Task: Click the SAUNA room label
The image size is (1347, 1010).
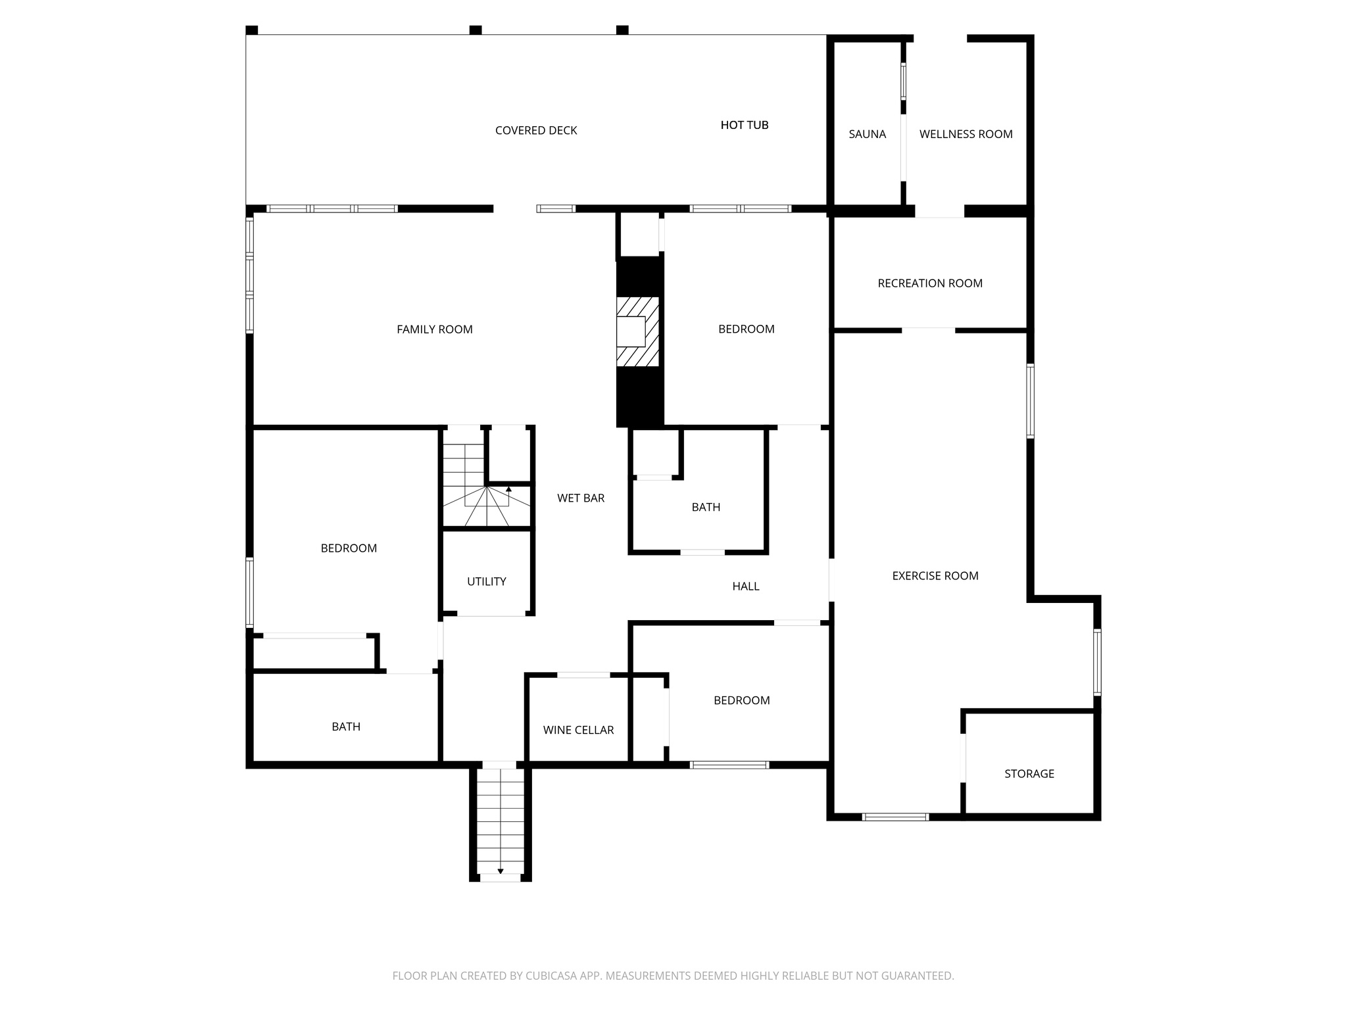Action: (x=867, y=134)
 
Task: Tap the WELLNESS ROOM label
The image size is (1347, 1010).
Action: (x=966, y=134)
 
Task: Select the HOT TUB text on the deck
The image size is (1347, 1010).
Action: (x=744, y=125)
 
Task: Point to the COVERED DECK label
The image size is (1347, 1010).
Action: (x=536, y=130)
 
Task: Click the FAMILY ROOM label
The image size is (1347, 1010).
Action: (x=434, y=329)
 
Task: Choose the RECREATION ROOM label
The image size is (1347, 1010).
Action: (x=929, y=283)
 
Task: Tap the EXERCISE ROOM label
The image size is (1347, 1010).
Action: (x=935, y=576)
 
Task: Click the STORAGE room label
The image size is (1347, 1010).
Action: (x=1029, y=774)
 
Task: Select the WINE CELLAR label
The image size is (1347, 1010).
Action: (x=578, y=730)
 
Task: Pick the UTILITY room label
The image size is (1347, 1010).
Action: (x=486, y=581)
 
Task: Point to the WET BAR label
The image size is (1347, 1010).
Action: (x=580, y=498)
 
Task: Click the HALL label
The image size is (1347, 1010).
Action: (x=745, y=587)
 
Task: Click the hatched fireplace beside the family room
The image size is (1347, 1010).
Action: (x=637, y=331)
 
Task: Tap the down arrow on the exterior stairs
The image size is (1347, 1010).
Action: (x=501, y=871)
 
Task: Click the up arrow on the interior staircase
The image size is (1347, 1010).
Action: (x=508, y=489)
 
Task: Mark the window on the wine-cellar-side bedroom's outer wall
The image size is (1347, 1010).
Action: (x=729, y=765)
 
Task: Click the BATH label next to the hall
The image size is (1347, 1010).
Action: (x=705, y=507)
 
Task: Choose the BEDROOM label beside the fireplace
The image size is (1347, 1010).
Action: (x=746, y=329)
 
